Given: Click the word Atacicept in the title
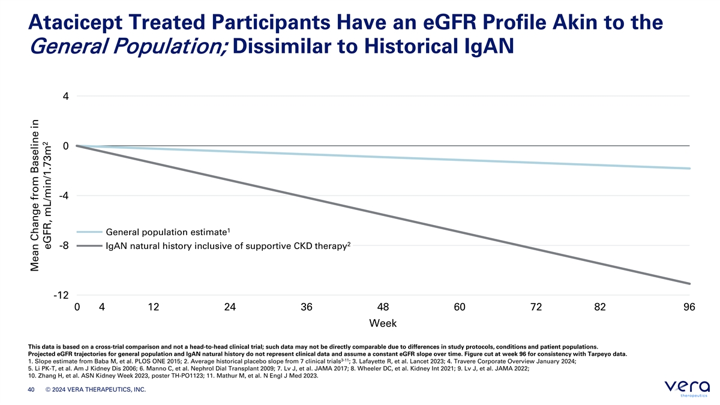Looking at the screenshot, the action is coord(75,23).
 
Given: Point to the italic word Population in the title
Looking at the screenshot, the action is coord(170,46).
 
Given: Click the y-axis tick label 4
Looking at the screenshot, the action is coord(66,96).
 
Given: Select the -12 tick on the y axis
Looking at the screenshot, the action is coord(61,295).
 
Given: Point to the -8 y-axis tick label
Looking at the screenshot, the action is coord(64,245).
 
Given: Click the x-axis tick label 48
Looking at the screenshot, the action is coord(383,307).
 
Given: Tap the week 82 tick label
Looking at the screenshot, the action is coord(600,307).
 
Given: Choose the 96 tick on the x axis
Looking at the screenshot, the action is coord(689,307).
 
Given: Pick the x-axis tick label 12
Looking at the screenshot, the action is coord(154,307).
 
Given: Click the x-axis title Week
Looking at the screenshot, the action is coord(383,323).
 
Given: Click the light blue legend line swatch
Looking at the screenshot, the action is coord(89,232).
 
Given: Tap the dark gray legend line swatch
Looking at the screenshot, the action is coord(89,246).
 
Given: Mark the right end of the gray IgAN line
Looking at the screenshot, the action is coord(689,283).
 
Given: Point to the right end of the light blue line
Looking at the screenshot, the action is coord(689,169).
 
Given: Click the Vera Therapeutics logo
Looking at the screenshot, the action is coord(687,388).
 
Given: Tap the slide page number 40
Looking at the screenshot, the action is coord(31,389).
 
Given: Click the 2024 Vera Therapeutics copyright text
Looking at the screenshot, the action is coord(95,389).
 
